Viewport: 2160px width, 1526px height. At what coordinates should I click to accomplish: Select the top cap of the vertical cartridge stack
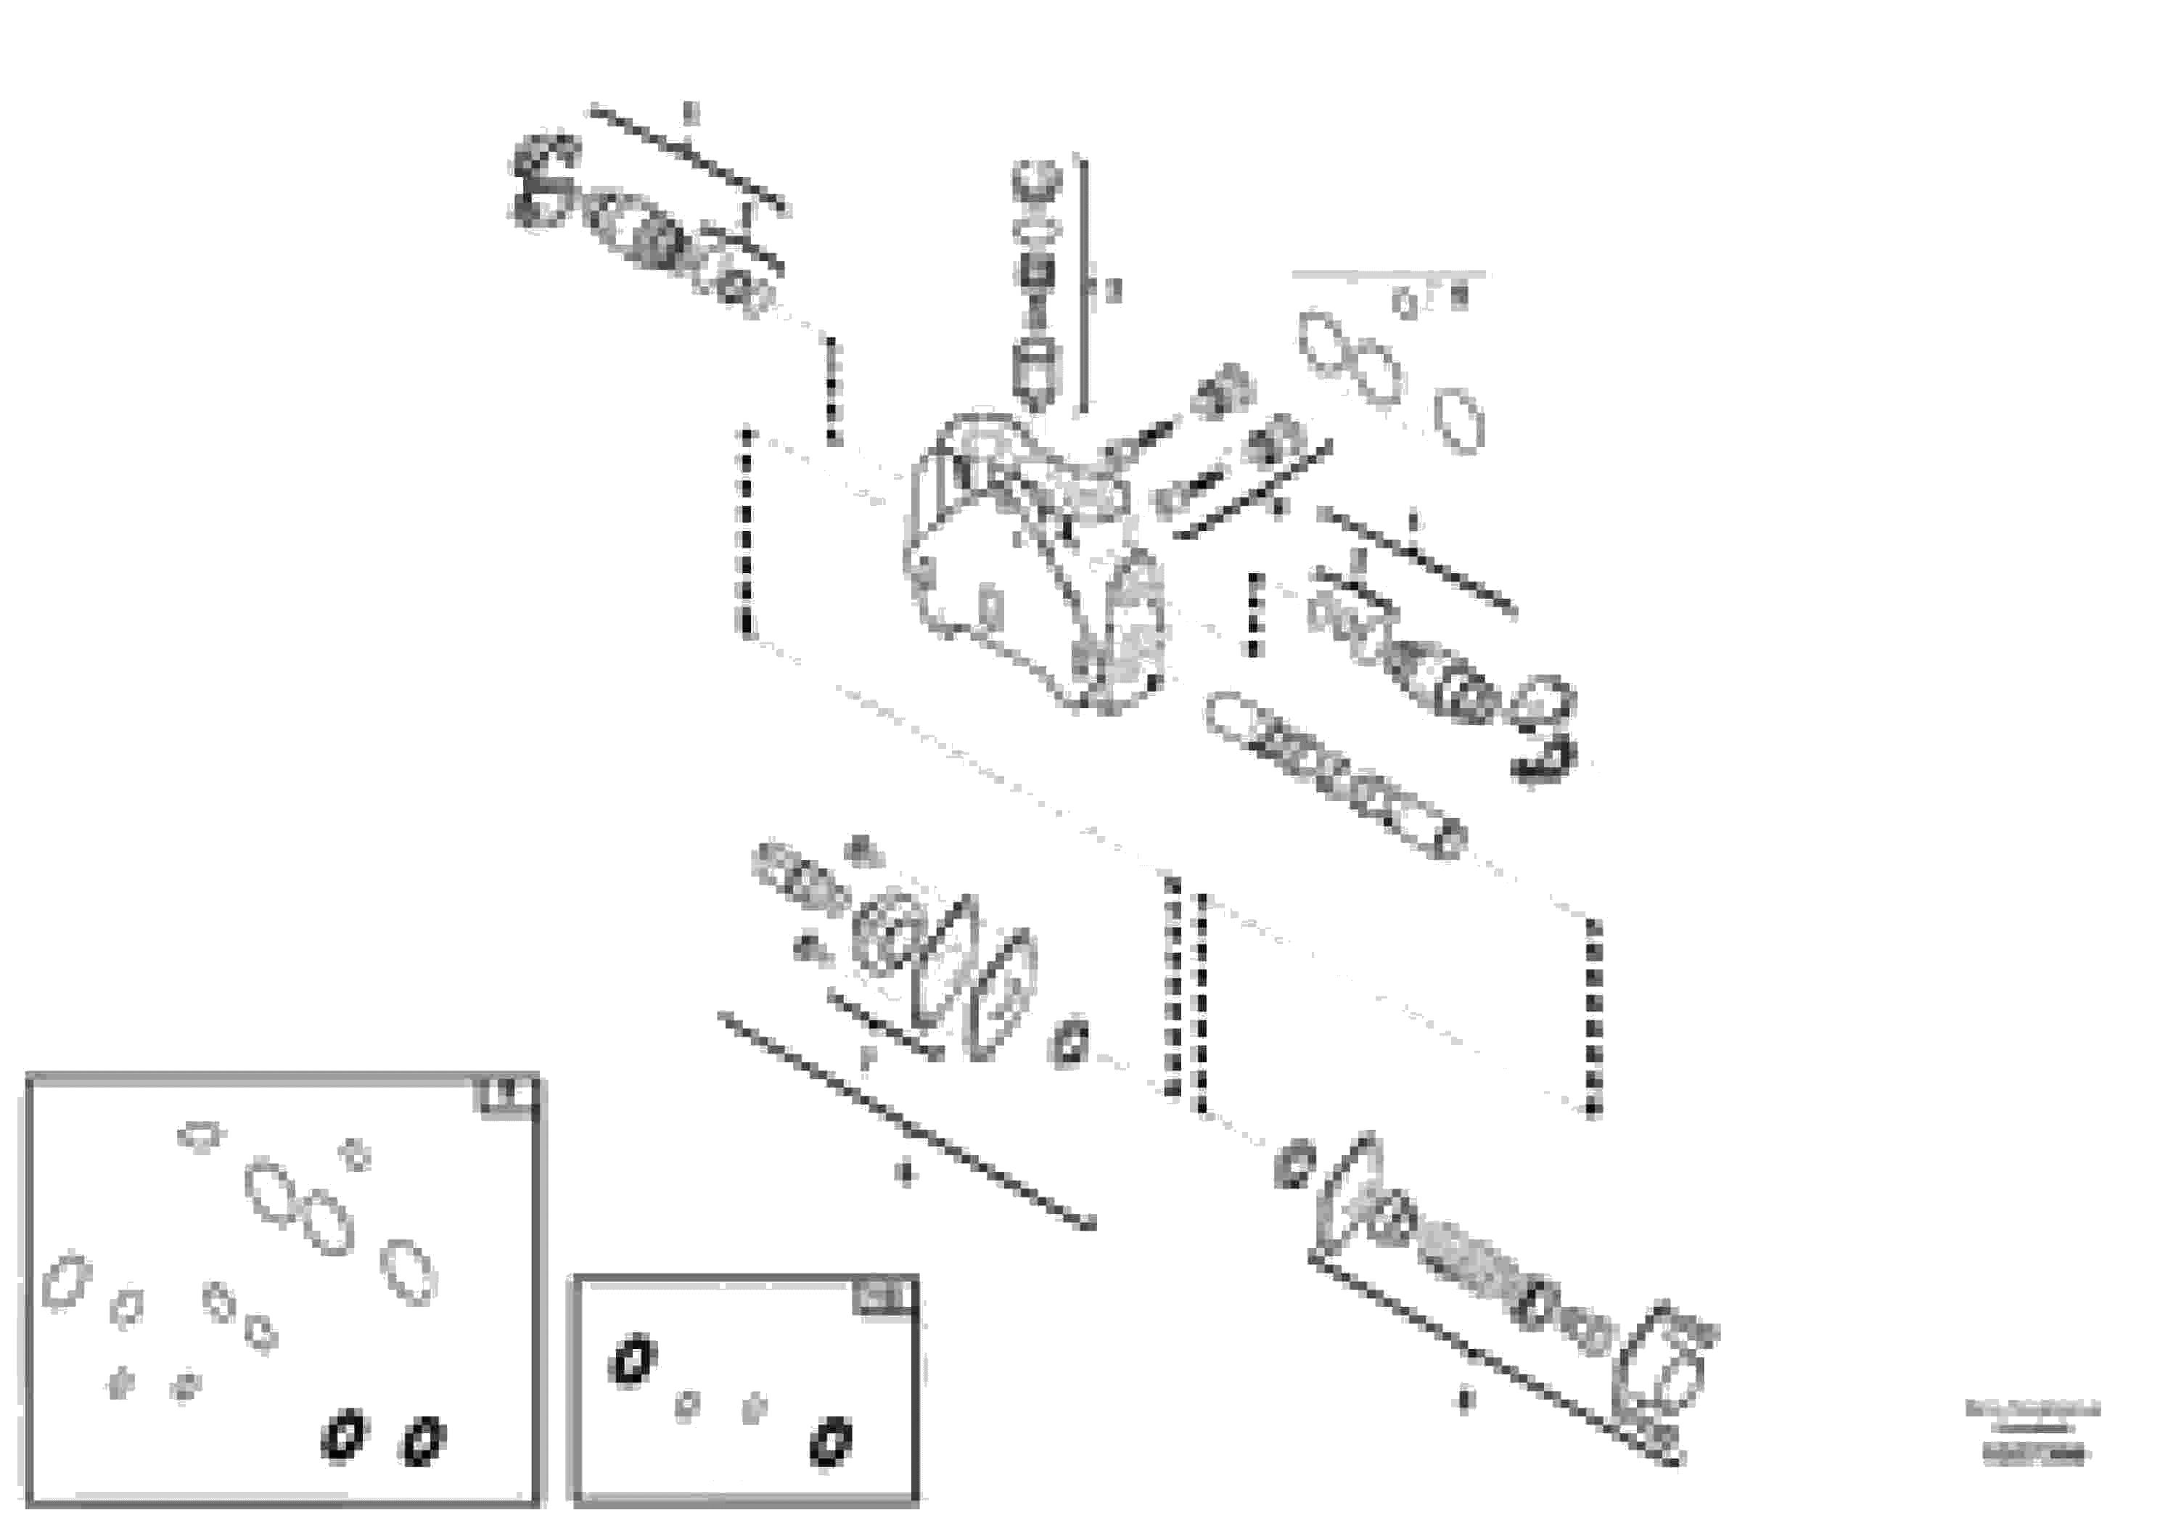click(x=1037, y=178)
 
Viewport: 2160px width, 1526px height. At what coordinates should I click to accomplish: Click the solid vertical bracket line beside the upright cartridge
click(x=1084, y=287)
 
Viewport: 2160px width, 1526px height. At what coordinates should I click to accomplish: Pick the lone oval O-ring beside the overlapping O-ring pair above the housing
click(x=1459, y=421)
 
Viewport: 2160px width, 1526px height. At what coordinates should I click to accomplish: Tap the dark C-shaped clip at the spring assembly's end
click(x=543, y=181)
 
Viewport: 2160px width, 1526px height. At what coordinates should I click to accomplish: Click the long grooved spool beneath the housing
click(x=1336, y=774)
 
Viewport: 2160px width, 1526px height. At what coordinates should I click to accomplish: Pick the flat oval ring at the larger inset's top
click(x=200, y=1136)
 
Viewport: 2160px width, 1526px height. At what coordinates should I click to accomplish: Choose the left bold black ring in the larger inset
click(x=342, y=1437)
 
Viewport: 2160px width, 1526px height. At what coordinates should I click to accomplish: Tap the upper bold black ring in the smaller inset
click(x=632, y=1361)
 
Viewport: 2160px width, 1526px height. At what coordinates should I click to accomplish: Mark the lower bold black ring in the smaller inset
click(x=831, y=1443)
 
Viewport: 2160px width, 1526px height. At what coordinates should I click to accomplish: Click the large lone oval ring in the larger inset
click(x=408, y=1271)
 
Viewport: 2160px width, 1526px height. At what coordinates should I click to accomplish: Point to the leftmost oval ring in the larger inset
click(x=67, y=1281)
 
